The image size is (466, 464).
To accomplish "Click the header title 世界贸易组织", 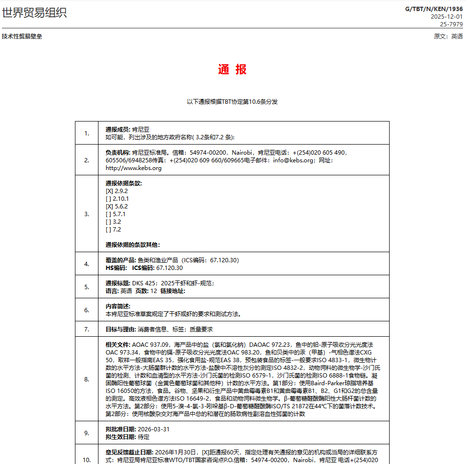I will [x=34, y=13].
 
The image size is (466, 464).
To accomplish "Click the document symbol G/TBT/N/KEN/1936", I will [x=434, y=9].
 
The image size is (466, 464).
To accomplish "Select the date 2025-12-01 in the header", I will [x=447, y=16].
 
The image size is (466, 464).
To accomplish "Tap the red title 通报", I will [x=233, y=69].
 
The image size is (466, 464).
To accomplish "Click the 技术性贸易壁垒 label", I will [x=22, y=37].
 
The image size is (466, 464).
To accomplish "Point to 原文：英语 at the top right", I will [x=448, y=37].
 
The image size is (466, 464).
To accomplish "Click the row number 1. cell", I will [x=86, y=133].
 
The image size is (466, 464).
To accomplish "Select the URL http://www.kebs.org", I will [x=134, y=168].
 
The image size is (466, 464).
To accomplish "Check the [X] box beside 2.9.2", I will [x=109, y=191].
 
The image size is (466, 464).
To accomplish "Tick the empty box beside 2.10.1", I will [x=109, y=199].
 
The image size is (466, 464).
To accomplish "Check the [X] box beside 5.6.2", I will [x=109, y=207].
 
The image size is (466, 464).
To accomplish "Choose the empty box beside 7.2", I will [x=109, y=230].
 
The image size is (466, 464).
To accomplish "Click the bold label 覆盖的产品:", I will [x=121, y=260].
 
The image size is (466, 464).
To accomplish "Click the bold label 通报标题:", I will [x=118, y=283].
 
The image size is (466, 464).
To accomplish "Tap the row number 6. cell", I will [x=86, y=310].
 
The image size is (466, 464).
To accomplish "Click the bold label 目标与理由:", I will [x=121, y=330].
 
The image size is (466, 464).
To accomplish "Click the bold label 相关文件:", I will [x=118, y=345].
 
